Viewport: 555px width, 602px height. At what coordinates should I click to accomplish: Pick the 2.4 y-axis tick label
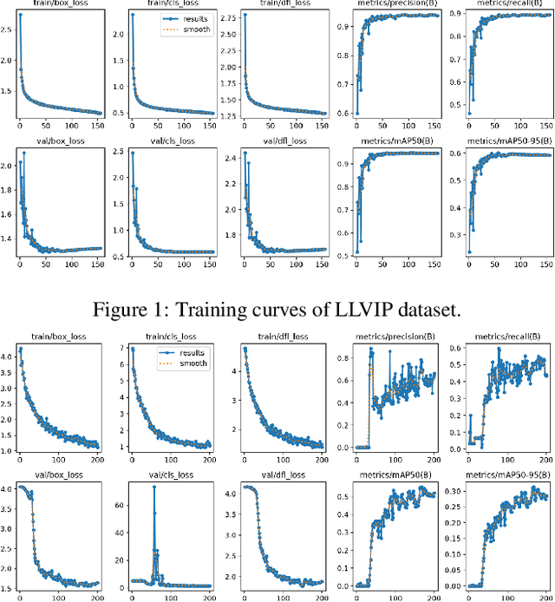pos(231,158)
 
